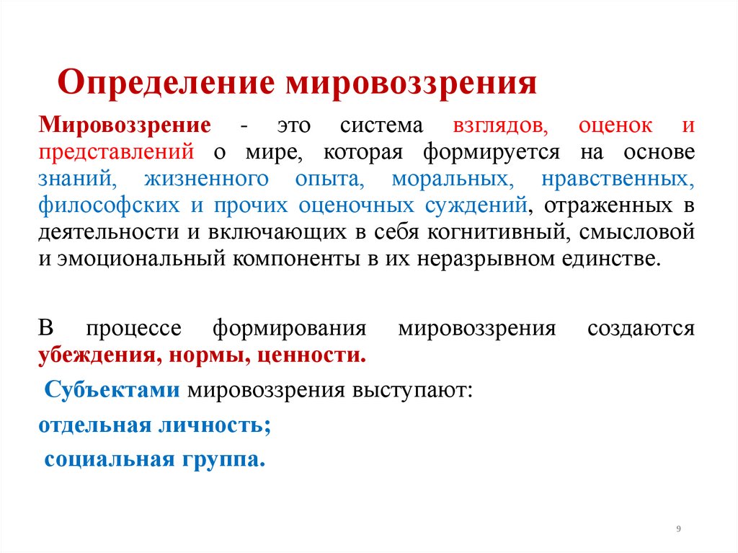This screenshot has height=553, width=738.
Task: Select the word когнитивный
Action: (x=486, y=232)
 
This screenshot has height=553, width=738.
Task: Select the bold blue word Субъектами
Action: (x=112, y=390)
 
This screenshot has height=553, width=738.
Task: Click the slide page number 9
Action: (x=678, y=529)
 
